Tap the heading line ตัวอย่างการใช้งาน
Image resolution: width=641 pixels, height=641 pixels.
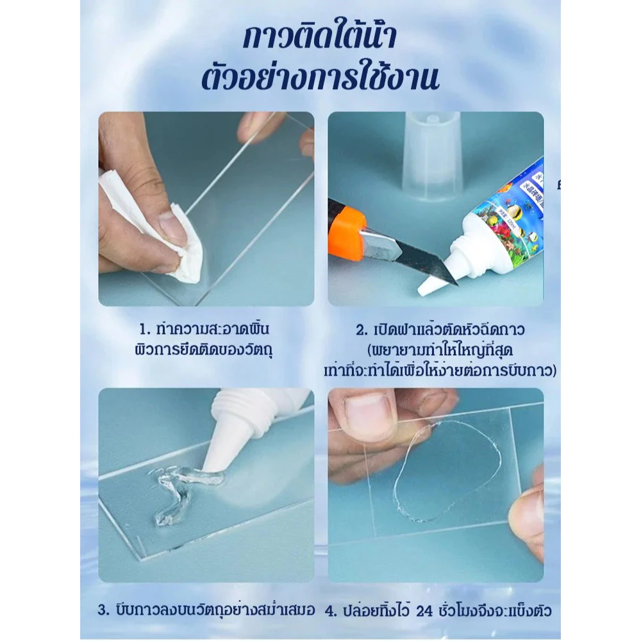[x=320, y=78]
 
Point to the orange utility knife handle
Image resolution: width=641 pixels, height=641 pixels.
[x=347, y=229]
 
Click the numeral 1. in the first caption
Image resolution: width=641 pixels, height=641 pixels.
[x=145, y=329]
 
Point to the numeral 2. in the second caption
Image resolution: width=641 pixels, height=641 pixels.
[x=362, y=330]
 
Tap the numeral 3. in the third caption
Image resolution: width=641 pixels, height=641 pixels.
[x=103, y=610]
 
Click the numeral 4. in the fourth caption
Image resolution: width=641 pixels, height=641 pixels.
[x=331, y=612]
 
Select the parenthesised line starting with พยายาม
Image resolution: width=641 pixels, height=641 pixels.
[x=440, y=351]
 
